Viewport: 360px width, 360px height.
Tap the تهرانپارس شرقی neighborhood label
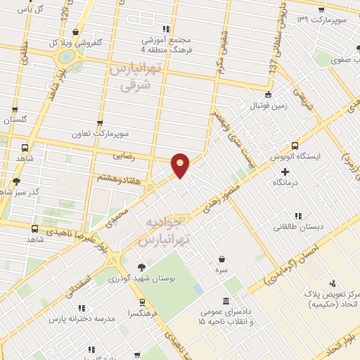coord(132,77)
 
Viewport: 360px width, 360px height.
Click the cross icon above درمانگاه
coord(285,172)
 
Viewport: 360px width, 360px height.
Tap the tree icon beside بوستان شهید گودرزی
coord(142,266)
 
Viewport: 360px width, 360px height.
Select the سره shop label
coord(222,270)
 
